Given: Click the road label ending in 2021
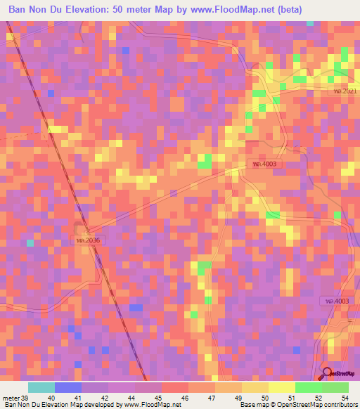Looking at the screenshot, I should pos(345,91).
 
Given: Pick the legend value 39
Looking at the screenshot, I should pos(24,398).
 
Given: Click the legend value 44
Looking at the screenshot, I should pos(130,398).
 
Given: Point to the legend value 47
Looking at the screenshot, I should pos(210,398).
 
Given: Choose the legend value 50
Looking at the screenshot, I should pos(264,398).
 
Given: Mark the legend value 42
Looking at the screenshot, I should pos(103,398).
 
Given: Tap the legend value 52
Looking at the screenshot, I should pos(317,398).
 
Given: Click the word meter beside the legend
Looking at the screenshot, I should pos(10,398).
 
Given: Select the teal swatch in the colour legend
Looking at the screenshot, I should pos(41,387).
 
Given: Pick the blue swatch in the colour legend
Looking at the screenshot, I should pos(68,387).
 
